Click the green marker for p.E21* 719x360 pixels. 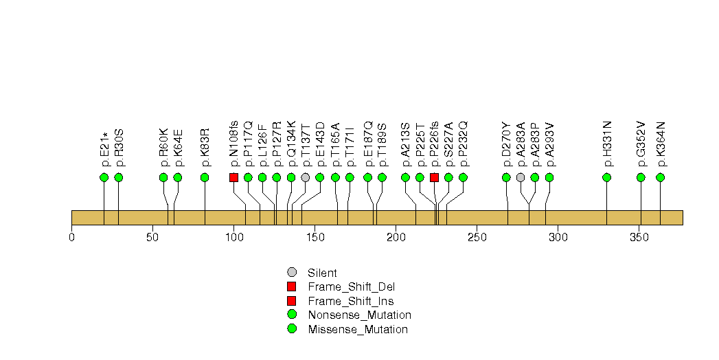click(104, 177)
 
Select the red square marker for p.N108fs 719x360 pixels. click(233, 177)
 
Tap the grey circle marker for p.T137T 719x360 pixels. click(305, 177)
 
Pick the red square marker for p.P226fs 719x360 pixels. click(434, 177)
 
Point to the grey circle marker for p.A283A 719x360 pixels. click(521, 177)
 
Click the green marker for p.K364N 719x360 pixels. click(660, 177)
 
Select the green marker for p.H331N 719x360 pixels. click(606, 177)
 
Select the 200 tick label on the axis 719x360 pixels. click(396, 238)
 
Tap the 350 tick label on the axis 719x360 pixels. click(639, 238)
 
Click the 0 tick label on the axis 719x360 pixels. click(71, 238)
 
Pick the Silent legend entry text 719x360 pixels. click(322, 273)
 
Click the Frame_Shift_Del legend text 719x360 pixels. click(352, 286)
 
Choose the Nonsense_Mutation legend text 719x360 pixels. click(359, 315)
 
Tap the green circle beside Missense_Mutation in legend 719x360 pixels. click(292, 329)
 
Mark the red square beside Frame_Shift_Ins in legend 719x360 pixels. click(292, 301)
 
